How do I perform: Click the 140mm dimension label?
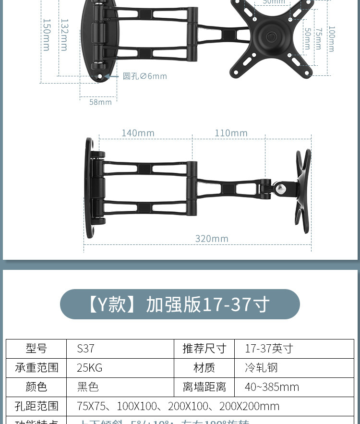click(138, 133)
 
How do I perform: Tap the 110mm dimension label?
click(231, 133)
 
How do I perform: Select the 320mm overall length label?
click(212, 239)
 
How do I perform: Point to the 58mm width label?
click(100, 102)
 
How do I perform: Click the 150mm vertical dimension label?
click(47, 35)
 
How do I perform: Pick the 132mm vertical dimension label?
click(64, 35)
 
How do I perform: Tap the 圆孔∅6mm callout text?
click(145, 76)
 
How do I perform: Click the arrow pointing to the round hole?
click(111, 76)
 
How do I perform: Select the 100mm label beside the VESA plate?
click(331, 38)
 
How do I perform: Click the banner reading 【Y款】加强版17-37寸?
click(180, 304)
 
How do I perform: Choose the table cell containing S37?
click(120, 349)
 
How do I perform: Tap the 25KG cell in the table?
click(120, 368)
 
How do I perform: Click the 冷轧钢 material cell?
click(294, 368)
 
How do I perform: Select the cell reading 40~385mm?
click(294, 387)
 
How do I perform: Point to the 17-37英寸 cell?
click(294, 349)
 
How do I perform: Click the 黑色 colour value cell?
click(120, 387)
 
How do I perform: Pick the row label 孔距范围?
click(36, 406)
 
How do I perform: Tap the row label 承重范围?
click(36, 368)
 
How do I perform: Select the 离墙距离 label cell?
click(204, 387)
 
